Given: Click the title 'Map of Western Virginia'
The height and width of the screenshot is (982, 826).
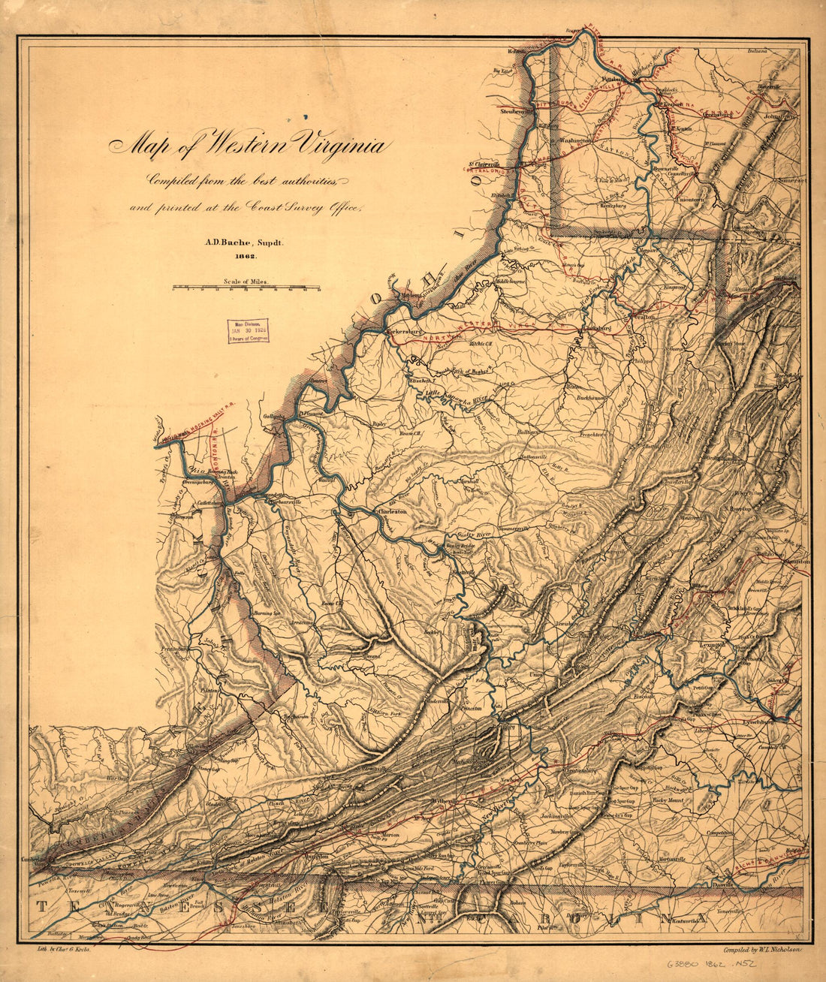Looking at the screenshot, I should pyautogui.click(x=249, y=143).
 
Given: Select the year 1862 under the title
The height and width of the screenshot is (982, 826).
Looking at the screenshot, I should pyautogui.click(x=244, y=256).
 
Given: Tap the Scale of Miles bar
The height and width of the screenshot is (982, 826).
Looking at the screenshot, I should pyautogui.click(x=246, y=287).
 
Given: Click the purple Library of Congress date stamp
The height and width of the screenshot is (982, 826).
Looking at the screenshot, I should pyautogui.click(x=248, y=330).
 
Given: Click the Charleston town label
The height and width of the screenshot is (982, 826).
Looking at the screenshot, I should pyautogui.click(x=391, y=511).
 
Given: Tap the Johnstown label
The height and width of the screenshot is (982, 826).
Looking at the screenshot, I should pyautogui.click(x=779, y=117).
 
